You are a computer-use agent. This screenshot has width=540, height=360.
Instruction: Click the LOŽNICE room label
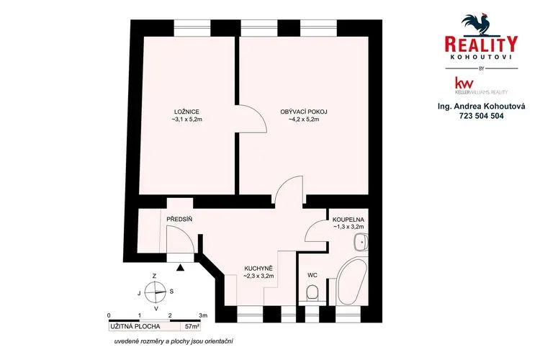[x=186, y=112]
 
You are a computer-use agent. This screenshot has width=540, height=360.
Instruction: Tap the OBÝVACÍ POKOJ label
[x=304, y=112]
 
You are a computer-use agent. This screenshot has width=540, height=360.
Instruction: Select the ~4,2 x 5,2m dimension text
[x=304, y=120]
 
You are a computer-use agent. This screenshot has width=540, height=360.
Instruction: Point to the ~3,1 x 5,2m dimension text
[x=186, y=120]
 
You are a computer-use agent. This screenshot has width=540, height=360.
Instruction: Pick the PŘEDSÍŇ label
[x=179, y=219]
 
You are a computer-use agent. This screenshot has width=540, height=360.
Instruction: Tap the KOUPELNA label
[x=348, y=220]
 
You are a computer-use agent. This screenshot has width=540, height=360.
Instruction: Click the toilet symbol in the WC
[x=312, y=293]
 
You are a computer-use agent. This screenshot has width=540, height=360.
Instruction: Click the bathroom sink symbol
[x=361, y=242]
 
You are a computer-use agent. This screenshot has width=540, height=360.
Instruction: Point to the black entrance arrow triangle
[x=180, y=267]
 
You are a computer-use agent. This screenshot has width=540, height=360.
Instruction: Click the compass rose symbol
[x=155, y=292]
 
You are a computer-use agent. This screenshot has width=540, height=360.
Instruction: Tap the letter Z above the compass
[x=155, y=276]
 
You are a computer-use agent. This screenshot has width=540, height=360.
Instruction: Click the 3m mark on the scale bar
[x=204, y=315]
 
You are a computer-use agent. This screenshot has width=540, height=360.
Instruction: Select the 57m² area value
[x=192, y=326]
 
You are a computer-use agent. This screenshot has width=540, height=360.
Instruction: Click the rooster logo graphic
[x=477, y=24]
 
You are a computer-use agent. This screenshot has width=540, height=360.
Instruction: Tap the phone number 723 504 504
[x=481, y=116]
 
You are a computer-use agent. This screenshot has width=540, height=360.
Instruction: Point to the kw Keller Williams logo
[x=481, y=86]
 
